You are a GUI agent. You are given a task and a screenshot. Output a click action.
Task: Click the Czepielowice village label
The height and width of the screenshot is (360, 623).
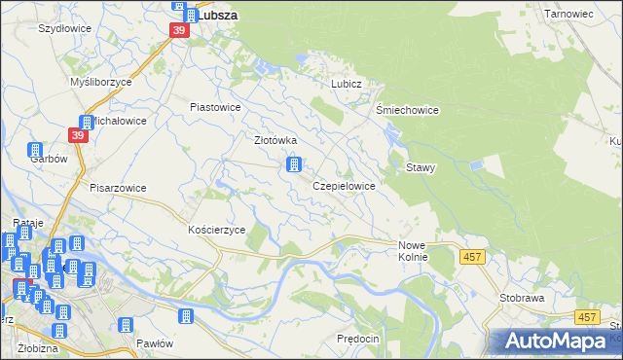[x=344, y=185]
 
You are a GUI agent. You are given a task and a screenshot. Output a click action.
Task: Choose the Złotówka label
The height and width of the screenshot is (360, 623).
[x=275, y=140]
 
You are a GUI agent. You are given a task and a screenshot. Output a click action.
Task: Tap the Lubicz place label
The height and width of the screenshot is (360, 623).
[x=346, y=85]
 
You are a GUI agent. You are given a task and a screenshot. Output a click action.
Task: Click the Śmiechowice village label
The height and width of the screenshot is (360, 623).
[x=408, y=111]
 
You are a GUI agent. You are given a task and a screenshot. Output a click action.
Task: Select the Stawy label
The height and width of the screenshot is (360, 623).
[x=421, y=167]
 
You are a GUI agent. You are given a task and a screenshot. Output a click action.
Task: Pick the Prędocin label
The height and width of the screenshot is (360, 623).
[x=356, y=338]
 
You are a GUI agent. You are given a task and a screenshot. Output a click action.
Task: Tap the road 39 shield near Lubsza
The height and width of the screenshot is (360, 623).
[x=178, y=31]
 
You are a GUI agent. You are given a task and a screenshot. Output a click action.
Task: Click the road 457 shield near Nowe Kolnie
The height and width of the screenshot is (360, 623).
[x=471, y=256]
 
